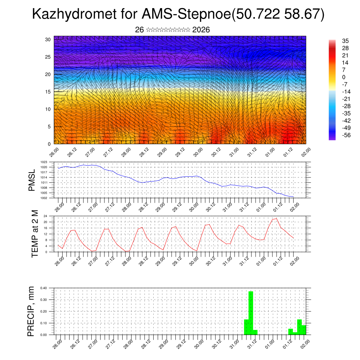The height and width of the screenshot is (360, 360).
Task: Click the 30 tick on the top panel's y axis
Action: [48, 39]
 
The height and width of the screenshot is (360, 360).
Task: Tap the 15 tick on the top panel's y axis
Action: [48, 92]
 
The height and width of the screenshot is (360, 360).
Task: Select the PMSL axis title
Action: [32, 180]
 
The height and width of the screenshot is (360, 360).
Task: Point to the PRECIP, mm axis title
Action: [32, 311]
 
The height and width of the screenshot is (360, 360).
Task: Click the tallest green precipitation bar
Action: [251, 312]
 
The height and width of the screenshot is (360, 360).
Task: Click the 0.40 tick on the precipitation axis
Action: [44, 288]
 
